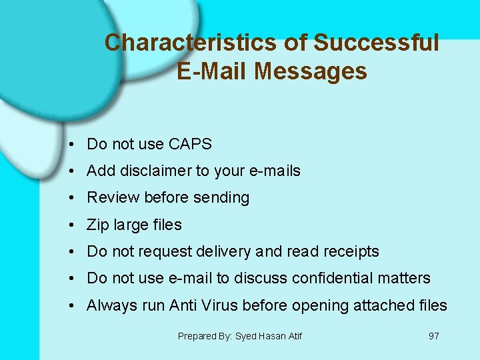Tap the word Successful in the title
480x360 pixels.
(x=376, y=43)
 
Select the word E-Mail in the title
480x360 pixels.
(x=211, y=71)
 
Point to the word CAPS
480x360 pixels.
(x=190, y=144)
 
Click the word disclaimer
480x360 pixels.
(x=156, y=171)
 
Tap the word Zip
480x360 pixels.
(x=97, y=225)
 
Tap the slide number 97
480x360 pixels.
(x=433, y=336)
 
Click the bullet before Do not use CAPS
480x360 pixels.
(x=70, y=145)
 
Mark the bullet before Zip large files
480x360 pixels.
(x=70, y=225)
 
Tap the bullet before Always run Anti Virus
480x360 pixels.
(x=70, y=306)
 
